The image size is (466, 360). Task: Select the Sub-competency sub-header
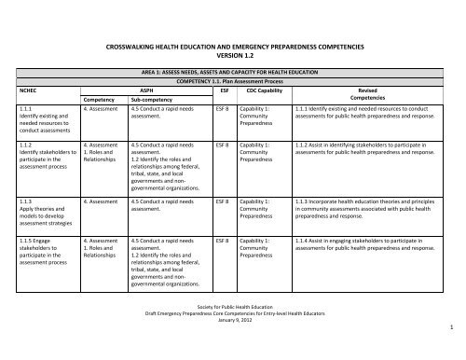[x=150, y=99]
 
